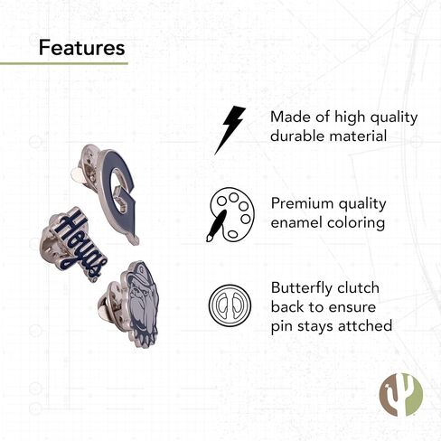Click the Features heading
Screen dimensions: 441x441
click(x=81, y=48)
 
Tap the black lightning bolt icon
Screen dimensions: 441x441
click(x=230, y=130)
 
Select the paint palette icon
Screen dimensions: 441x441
click(x=230, y=214)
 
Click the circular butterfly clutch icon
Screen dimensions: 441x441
click(x=230, y=305)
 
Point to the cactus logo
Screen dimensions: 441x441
click(x=401, y=394)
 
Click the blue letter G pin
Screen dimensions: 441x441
click(x=117, y=192)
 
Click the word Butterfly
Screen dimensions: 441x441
click(x=302, y=289)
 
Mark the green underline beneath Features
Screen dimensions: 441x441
click(x=64, y=63)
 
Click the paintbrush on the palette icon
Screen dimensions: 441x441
click(x=216, y=225)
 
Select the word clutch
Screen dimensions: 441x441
click(x=358, y=288)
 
